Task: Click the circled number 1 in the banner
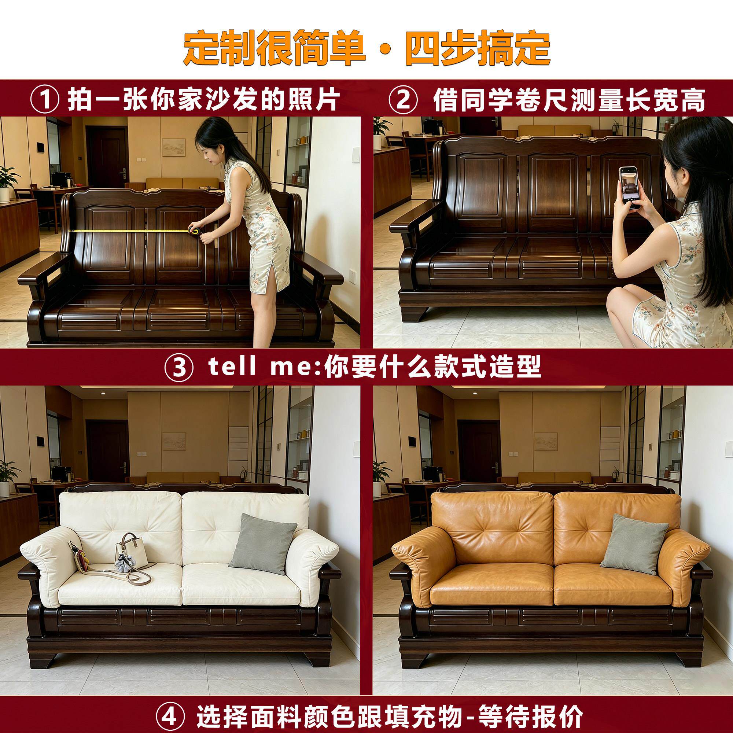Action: [x=45, y=100]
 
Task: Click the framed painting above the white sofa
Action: [x=174, y=441]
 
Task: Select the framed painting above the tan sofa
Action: [x=546, y=441]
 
